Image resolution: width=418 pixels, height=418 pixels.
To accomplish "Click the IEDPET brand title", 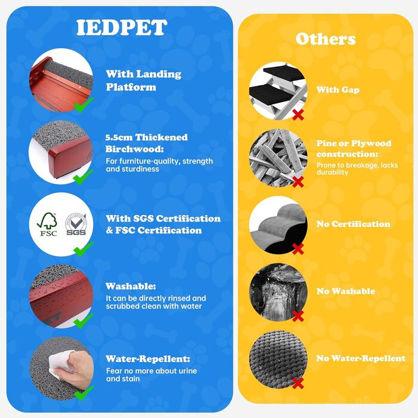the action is pyautogui.click(x=122, y=27).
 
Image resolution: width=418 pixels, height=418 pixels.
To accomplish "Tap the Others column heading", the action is pyautogui.click(x=325, y=39).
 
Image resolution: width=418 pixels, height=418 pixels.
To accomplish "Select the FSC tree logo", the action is pyautogui.click(x=47, y=224).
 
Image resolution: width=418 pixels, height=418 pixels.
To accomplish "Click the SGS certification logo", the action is pyautogui.click(x=76, y=224).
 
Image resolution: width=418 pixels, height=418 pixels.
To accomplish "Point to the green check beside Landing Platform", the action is pyautogui.click(x=83, y=105).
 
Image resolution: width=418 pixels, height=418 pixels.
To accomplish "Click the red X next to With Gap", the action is pyautogui.click(x=298, y=115).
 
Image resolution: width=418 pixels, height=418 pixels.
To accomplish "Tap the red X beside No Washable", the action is pyautogui.click(x=298, y=316).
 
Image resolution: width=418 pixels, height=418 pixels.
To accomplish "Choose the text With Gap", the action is pyautogui.click(x=338, y=90).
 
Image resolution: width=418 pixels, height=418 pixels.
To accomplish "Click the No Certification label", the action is pyautogui.click(x=354, y=224).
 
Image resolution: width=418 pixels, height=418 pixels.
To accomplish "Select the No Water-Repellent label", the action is pyautogui.click(x=361, y=358).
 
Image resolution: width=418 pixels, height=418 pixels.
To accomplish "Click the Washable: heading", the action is pyautogui.click(x=131, y=286).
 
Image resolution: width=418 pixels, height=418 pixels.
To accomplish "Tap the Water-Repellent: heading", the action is pyautogui.click(x=148, y=359).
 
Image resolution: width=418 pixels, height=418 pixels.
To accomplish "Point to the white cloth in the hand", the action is pyautogui.click(x=60, y=363).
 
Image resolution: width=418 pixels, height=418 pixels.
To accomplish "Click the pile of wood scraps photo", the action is pyautogui.click(x=278, y=158).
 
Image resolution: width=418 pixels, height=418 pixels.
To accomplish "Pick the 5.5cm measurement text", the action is pyautogui.click(x=119, y=137).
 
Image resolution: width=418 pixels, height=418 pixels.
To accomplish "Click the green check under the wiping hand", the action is pyautogui.click(x=84, y=393).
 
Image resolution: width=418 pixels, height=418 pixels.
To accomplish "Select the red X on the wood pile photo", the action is pyautogui.click(x=298, y=182).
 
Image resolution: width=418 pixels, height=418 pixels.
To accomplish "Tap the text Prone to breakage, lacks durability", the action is pyautogui.click(x=357, y=169).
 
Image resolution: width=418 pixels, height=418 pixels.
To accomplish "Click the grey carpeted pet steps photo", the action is pyautogui.click(x=278, y=225).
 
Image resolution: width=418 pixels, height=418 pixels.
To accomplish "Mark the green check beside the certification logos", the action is pyautogui.click(x=84, y=249).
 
